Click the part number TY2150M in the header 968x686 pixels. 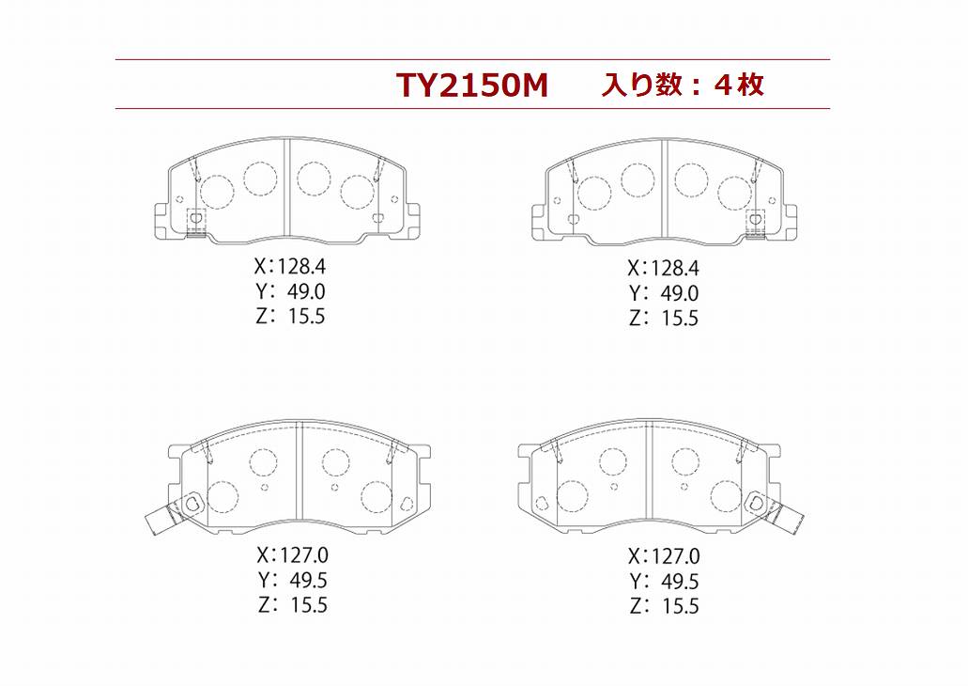472,86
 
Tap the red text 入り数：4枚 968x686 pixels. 684,85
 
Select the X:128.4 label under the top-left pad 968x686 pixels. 289,266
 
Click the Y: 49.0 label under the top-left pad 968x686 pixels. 290,291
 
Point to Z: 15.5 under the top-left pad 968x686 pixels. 290,316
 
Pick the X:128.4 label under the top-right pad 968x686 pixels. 663,268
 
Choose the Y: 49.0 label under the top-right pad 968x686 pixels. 664,293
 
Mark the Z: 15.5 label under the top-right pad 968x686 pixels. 664,318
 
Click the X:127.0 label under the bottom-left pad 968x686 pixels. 293,555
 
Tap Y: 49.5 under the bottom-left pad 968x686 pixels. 293,581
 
